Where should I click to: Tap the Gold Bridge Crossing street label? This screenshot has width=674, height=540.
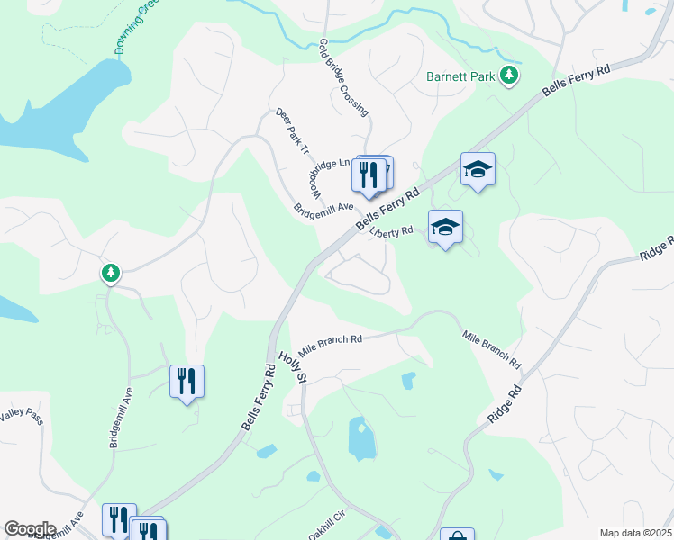tap(343, 77)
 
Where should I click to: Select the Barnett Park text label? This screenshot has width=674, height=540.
tap(460, 76)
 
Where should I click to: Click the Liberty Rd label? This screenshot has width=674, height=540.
tap(391, 231)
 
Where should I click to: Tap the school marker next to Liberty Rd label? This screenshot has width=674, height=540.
tap(445, 227)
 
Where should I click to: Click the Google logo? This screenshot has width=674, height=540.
tap(30, 529)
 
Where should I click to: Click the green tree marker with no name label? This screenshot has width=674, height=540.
tap(110, 272)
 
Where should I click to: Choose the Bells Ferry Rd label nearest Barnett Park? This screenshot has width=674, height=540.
tap(577, 81)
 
